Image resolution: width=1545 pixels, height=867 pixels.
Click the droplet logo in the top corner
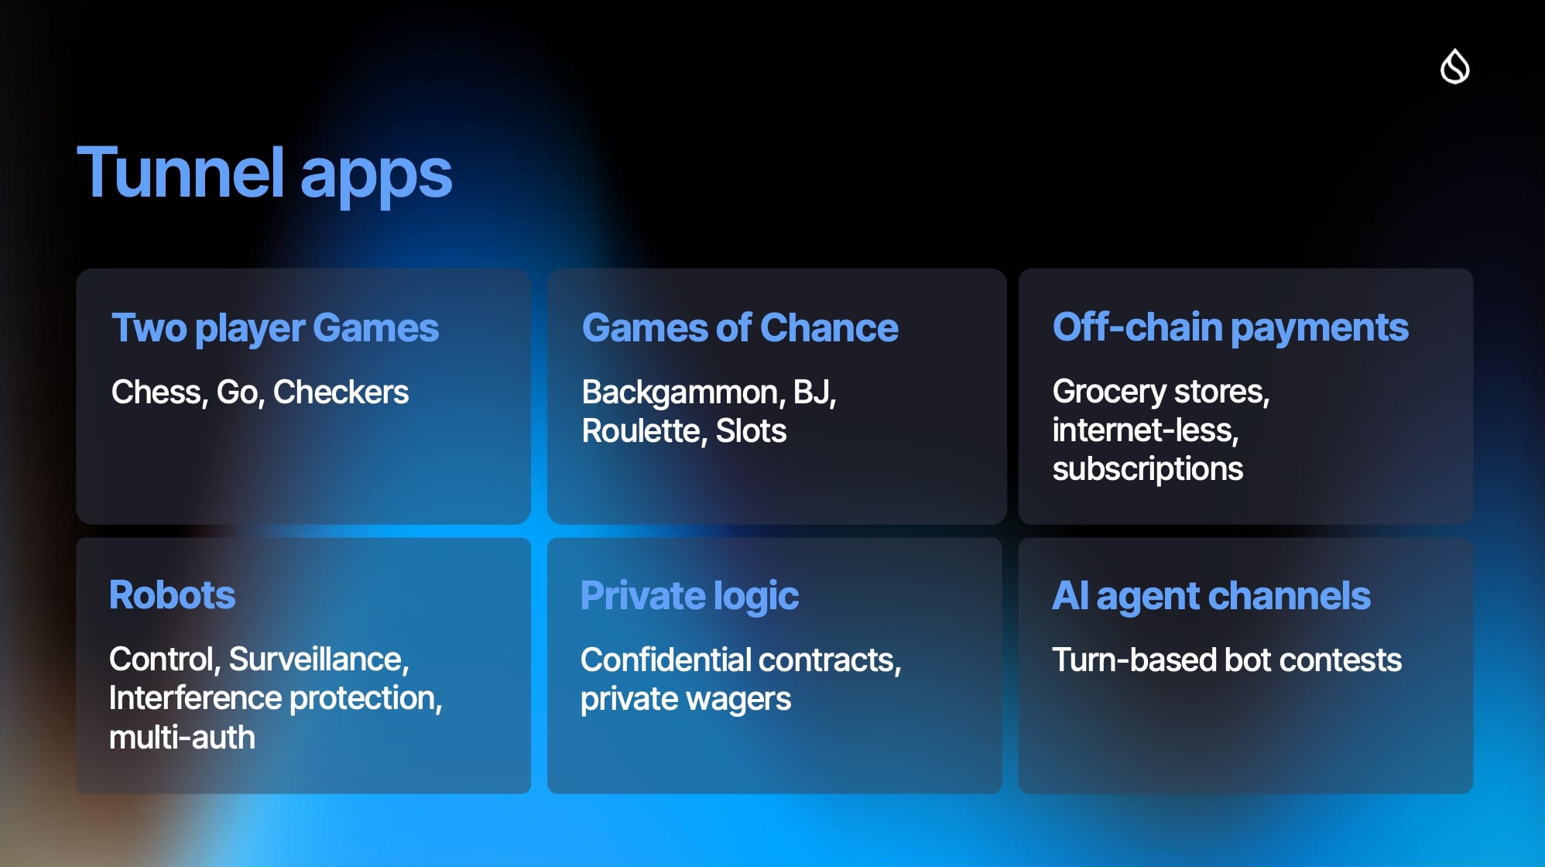pos(1454,66)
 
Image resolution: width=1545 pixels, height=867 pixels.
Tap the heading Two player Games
pos(275,329)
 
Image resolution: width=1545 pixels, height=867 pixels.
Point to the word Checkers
pos(341,392)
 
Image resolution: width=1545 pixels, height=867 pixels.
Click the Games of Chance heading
pos(740,327)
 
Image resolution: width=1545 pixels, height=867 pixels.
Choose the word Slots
pos(751,431)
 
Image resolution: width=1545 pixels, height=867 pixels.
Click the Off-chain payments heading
pos(1231,328)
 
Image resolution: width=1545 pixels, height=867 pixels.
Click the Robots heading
pos(172,595)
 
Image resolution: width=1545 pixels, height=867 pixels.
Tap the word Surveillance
pos(319,660)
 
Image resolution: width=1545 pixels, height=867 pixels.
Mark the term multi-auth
pos(182,738)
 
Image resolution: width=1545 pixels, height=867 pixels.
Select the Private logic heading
pos(690,596)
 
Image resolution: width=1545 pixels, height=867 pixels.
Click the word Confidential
pos(666,660)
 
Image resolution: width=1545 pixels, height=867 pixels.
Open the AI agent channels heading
pos(1211,596)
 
